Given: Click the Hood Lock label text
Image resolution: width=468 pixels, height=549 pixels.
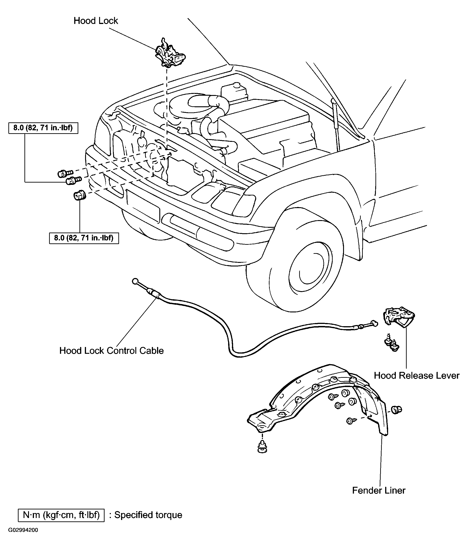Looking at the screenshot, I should tap(96, 21).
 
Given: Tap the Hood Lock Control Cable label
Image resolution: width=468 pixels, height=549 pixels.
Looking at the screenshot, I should tap(111, 351).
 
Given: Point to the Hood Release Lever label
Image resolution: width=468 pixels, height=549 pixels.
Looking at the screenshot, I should tap(416, 376).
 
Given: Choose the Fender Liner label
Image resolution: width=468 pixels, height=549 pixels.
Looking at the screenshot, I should tap(378, 490).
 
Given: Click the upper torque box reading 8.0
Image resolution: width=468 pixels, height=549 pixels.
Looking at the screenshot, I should tap(43, 128).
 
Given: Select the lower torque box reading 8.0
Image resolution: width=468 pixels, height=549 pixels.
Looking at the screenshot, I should tap(84, 238).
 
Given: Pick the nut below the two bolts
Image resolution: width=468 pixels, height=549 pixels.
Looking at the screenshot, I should tap(79, 195).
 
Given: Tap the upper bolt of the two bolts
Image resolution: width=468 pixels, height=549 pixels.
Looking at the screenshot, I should tap(65, 173).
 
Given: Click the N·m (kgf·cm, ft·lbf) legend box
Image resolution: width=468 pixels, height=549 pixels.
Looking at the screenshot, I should tap(61, 515).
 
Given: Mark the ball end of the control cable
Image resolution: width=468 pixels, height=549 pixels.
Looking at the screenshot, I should tap(135, 281).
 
